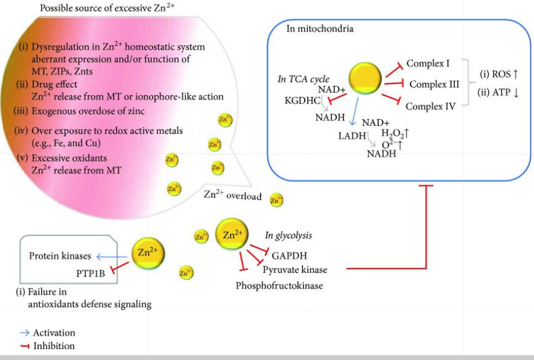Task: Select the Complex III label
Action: click(x=434, y=84)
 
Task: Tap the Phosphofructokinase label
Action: click(x=279, y=285)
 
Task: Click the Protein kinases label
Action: click(x=60, y=256)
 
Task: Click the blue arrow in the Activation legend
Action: click(x=24, y=333)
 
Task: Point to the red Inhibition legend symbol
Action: click(x=24, y=346)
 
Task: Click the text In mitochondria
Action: click(x=319, y=28)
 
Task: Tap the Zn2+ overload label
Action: click(x=232, y=195)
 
